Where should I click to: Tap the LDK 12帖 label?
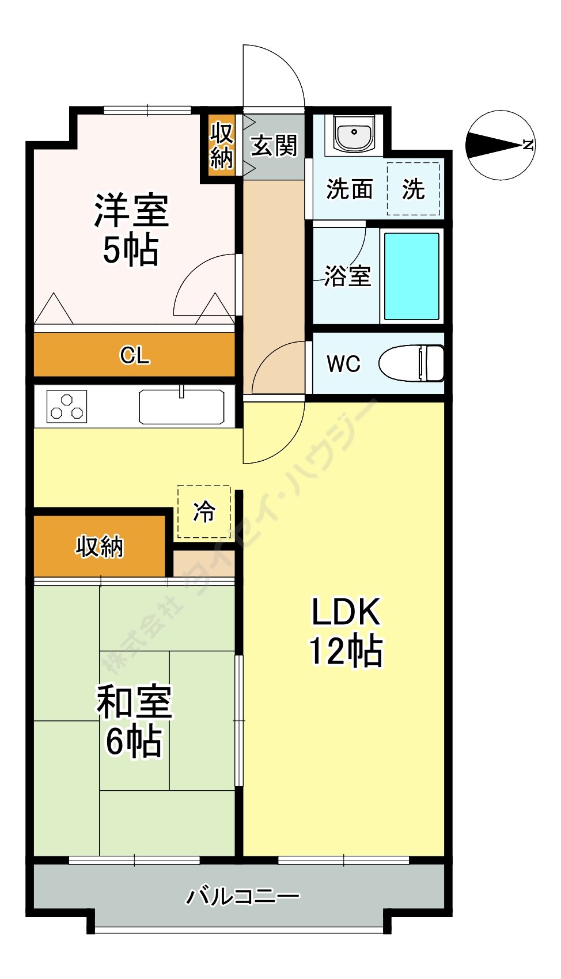pyautogui.click(x=346, y=631)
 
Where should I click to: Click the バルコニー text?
pyautogui.click(x=243, y=897)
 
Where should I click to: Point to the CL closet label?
pyautogui.click(x=135, y=355)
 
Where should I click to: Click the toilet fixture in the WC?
pyautogui.click(x=411, y=363)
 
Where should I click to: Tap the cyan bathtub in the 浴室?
pyautogui.click(x=411, y=276)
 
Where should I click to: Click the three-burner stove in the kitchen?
pyautogui.click(x=66, y=407)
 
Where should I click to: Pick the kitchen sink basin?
pyautogui.click(x=181, y=407)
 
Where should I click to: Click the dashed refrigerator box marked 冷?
pyautogui.click(x=204, y=511)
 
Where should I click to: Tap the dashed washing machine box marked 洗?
pyautogui.click(x=413, y=189)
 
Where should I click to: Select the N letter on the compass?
pyautogui.click(x=528, y=145)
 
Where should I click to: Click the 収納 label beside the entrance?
pyautogui.click(x=222, y=145)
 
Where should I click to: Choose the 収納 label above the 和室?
pyautogui.click(x=100, y=547)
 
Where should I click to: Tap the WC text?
pyautogui.click(x=344, y=363)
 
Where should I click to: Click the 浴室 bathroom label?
pyautogui.click(x=347, y=276)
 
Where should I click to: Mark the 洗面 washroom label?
pyautogui.click(x=350, y=189)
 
